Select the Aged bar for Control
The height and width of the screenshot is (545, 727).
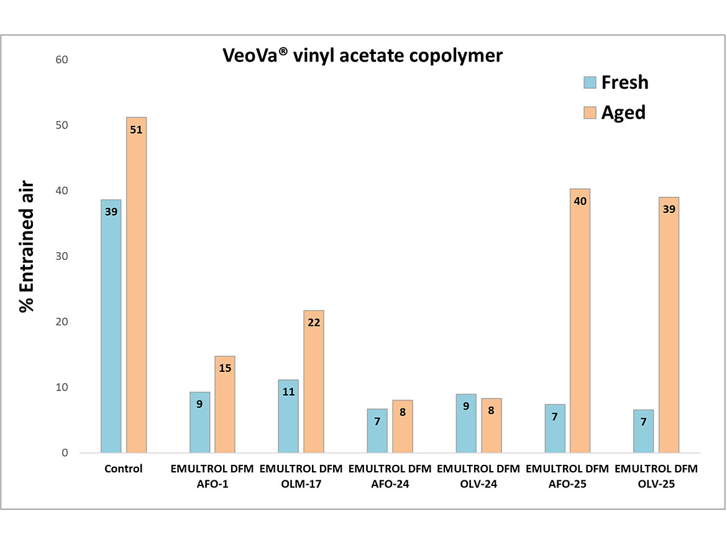(x=136, y=285)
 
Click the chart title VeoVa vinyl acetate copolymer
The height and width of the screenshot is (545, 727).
(x=362, y=56)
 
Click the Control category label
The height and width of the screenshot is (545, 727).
(x=123, y=469)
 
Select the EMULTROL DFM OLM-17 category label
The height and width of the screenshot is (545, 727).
(x=301, y=477)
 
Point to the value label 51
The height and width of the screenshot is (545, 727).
(x=137, y=130)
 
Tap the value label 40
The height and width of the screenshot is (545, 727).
(x=580, y=201)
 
